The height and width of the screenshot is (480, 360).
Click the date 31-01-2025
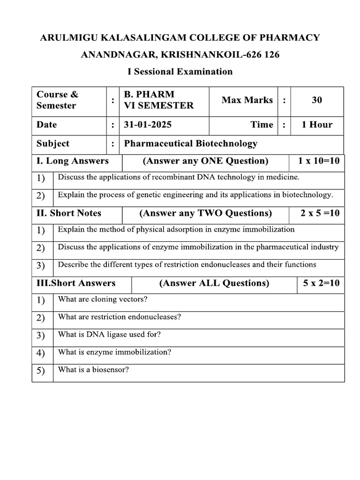148,125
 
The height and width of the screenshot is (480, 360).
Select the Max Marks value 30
316,100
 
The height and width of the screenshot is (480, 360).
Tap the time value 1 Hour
316,125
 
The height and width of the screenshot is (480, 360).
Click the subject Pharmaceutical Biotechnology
190,143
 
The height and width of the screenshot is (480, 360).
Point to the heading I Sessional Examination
180,71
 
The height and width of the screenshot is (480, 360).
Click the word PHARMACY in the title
286,37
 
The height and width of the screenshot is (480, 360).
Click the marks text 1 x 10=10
319,161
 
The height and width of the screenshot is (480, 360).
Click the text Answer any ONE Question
205,161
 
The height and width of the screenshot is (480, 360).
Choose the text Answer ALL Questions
214,283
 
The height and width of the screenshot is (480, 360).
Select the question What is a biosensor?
93,370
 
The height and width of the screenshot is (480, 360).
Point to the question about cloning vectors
103,299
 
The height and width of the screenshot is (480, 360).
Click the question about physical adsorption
176,230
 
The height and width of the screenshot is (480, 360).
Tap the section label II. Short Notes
69,213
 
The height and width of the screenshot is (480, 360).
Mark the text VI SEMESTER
158,106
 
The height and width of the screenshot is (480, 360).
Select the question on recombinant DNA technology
178,177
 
